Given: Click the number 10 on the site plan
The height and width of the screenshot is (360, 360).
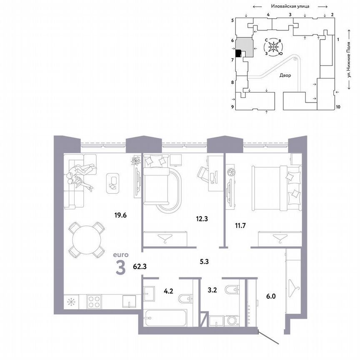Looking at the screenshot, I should (338, 107).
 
